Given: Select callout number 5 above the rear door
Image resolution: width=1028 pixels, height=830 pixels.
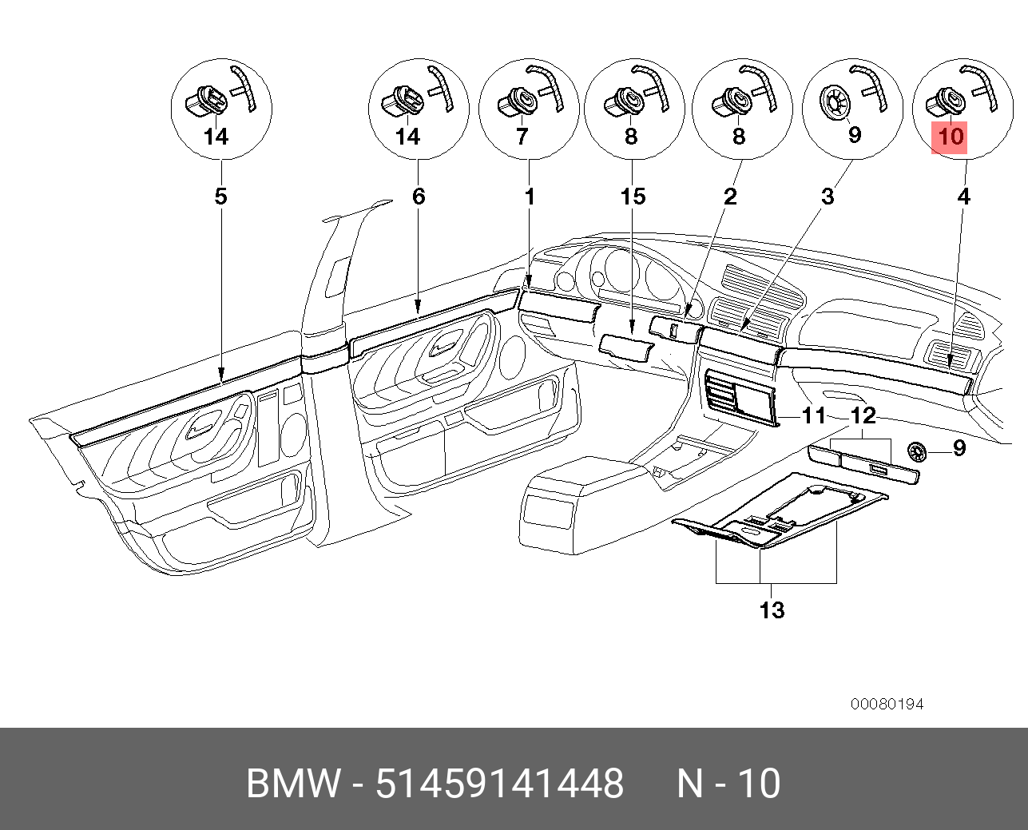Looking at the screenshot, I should pyautogui.click(x=221, y=196).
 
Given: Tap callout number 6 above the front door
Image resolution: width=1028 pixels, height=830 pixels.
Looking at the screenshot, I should pyautogui.click(x=419, y=196).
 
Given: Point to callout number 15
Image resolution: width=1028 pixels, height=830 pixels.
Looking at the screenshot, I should pyautogui.click(x=633, y=196).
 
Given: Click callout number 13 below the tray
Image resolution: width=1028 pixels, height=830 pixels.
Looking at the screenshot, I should pyautogui.click(x=772, y=610).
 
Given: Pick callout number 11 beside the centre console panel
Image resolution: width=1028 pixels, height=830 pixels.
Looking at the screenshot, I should pyautogui.click(x=814, y=415).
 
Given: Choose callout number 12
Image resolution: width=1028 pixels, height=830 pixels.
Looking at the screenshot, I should pyautogui.click(x=863, y=415).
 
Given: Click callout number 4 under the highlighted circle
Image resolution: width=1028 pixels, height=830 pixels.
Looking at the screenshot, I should pyautogui.click(x=964, y=196).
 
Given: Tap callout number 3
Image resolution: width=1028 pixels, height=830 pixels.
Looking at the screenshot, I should pyautogui.click(x=828, y=196).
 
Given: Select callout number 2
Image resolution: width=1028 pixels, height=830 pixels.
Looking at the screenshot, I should pyautogui.click(x=730, y=196).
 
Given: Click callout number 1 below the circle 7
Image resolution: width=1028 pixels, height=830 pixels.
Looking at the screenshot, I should pyautogui.click(x=530, y=196).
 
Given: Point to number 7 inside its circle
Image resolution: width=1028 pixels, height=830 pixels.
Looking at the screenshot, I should pyautogui.click(x=522, y=137).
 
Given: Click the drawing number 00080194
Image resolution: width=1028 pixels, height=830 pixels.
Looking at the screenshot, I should pyautogui.click(x=887, y=704).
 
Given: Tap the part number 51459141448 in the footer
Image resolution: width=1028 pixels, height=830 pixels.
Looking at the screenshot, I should pyautogui.click(x=500, y=784).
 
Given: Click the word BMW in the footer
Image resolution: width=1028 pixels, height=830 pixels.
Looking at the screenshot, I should pyautogui.click(x=292, y=784).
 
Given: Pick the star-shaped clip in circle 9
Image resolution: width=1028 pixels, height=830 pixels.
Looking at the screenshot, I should pyautogui.click(x=833, y=103).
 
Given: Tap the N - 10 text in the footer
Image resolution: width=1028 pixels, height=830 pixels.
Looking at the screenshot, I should pyautogui.click(x=728, y=784).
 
